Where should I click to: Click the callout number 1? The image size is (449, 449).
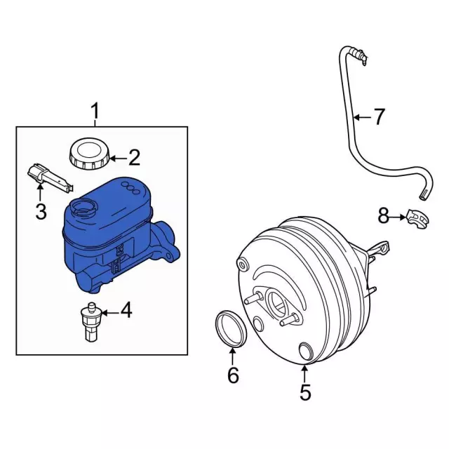pos(95,112)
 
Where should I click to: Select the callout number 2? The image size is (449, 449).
pos(134,158)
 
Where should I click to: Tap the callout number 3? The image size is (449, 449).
pos(41,211)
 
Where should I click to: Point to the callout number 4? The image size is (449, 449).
pos(126,310)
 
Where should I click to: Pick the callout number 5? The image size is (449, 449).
pos(305,392)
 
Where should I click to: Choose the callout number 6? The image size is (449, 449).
pos(233,375)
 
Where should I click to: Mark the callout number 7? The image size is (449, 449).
pos(379,116)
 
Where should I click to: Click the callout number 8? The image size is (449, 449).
pos(384,216)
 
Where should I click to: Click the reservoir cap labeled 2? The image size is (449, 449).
pos(90,153)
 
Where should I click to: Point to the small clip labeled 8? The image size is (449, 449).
pos(418,218)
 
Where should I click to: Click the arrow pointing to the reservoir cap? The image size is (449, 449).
pos(119,159)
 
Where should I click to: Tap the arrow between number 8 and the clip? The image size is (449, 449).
pos(398,217)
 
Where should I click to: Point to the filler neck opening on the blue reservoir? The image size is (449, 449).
pos(83,207)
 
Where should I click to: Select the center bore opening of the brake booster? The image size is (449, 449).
pos(277,304)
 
